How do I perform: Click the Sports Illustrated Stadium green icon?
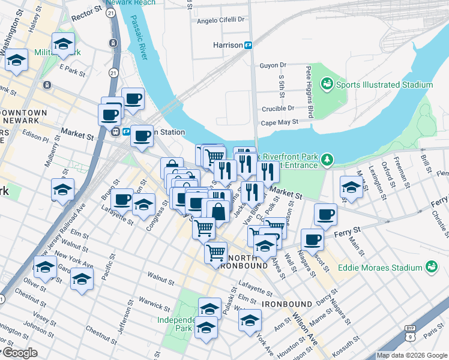pyautogui.click(x=327, y=85)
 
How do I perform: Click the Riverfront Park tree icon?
pyautogui.click(x=327, y=159)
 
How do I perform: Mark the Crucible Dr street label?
pyautogui.click(x=278, y=109)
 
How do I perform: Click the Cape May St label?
pyautogui.click(x=279, y=122)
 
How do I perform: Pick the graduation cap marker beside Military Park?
pyautogui.click(x=62, y=44)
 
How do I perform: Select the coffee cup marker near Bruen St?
pyautogui.click(x=122, y=199)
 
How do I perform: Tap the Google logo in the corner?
pyautogui.click(x=19, y=353)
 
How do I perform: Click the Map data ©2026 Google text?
pyautogui.click(x=411, y=355)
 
